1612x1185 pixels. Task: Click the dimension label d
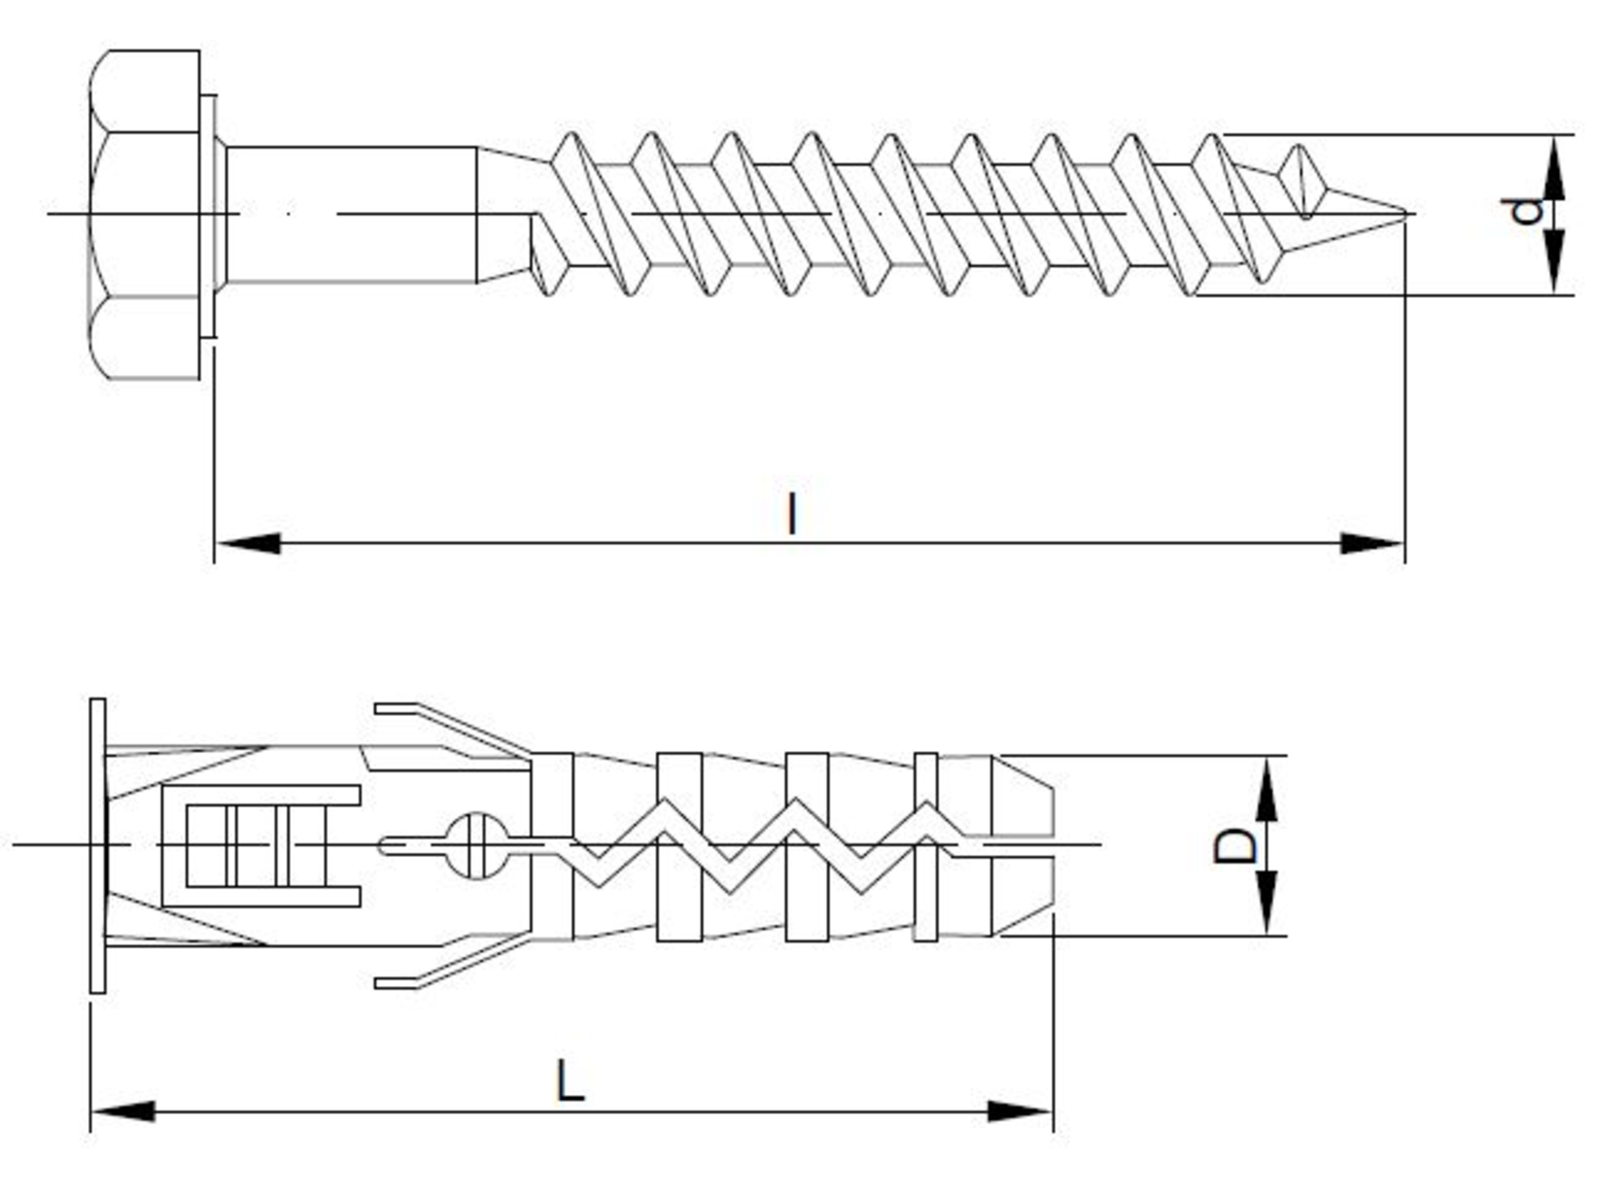tap(1526, 211)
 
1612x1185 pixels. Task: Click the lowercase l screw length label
tap(792, 514)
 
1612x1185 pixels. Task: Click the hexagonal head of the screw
tap(145, 214)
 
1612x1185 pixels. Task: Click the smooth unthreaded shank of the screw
tap(351, 214)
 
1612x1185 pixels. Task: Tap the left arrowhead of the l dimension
tap(248, 544)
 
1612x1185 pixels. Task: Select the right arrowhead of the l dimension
tap(1371, 544)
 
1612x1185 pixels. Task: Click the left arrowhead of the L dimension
tap(123, 1112)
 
